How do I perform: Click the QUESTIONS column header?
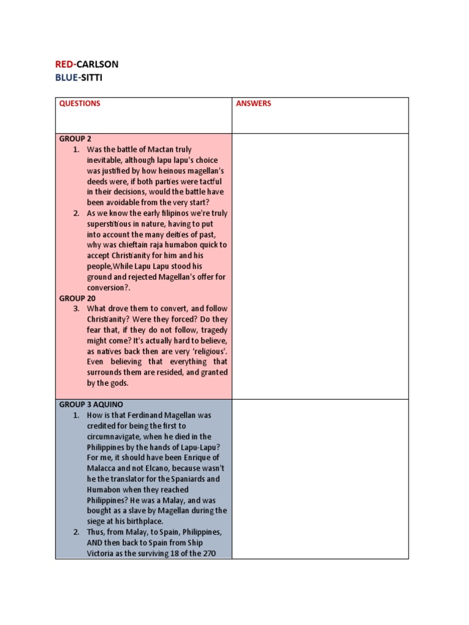coord(79,104)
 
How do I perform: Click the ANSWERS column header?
coord(253,104)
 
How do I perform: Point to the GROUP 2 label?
coord(75,139)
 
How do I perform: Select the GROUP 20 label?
coord(77,298)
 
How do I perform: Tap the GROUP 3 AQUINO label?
coord(92,405)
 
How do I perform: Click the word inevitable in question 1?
coord(106,160)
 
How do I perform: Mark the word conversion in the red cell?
coord(106,287)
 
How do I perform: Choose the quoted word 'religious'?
coord(206,352)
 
